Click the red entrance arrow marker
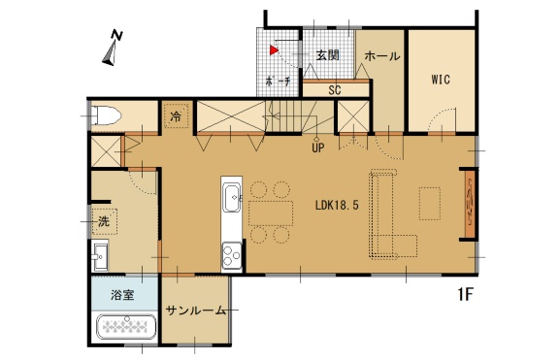click(274, 50)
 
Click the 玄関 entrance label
click(328, 55)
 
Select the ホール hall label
click(382, 55)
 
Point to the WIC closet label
click(441, 80)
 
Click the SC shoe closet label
click(335, 90)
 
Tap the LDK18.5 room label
click(337, 206)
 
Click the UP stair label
click(317, 147)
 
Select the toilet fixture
click(106, 115)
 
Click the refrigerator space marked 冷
click(176, 115)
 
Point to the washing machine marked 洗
click(104, 221)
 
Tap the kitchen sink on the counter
click(233, 197)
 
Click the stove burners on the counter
click(232, 255)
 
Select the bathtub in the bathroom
click(127, 326)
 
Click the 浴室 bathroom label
click(122, 295)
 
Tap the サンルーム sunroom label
click(196, 311)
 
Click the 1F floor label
click(465, 294)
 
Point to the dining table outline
click(271, 213)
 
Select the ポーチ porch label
click(279, 82)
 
